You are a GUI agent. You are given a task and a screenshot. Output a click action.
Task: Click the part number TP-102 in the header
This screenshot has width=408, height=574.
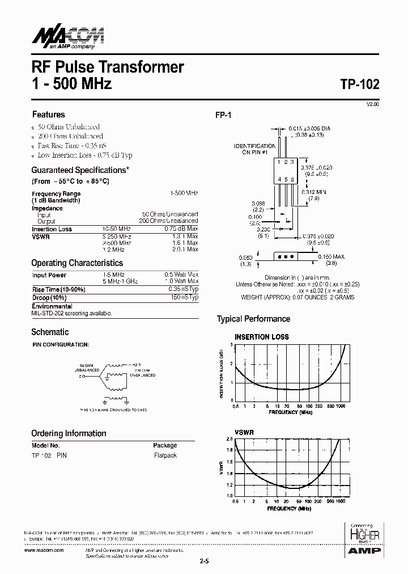tap(360, 84)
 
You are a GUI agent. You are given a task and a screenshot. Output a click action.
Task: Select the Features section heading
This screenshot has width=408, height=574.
tap(48, 114)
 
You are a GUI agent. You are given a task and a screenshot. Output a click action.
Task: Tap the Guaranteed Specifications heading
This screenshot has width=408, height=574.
tap(80, 170)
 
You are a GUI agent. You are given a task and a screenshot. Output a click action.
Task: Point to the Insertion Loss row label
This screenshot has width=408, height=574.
tap(52, 229)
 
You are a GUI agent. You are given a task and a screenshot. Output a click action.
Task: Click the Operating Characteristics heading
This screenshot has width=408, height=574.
tap(77, 263)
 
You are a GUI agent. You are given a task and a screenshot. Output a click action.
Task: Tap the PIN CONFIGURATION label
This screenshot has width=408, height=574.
tap(60, 344)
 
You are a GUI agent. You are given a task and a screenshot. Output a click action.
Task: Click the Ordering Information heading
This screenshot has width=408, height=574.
tap(69, 433)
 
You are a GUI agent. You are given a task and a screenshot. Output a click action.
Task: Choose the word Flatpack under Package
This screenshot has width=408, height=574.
tap(165, 455)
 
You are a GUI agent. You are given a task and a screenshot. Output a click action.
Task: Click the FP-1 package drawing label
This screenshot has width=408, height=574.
tap(223, 115)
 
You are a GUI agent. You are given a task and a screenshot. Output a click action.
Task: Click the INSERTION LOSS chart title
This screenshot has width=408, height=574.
tap(262, 337)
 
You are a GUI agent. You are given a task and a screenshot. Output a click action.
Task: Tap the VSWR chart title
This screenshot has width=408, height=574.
tap(244, 432)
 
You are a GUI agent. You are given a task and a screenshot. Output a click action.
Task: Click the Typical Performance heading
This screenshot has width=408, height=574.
tap(253, 319)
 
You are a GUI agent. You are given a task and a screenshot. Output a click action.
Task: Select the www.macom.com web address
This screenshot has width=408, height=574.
tap(45, 551)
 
